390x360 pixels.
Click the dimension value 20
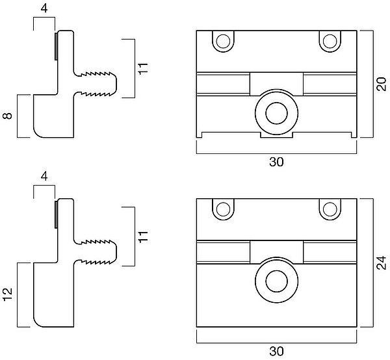[x=381, y=84]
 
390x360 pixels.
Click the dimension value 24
[x=381, y=262]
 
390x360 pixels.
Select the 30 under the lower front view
[x=276, y=351]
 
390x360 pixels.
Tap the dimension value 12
[x=8, y=294]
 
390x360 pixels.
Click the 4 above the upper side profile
[x=44, y=9]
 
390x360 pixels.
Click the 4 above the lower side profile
[x=44, y=176]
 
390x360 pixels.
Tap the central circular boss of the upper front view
[x=276, y=112]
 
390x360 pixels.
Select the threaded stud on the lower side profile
[x=97, y=251]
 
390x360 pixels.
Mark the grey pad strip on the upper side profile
[x=56, y=46]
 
